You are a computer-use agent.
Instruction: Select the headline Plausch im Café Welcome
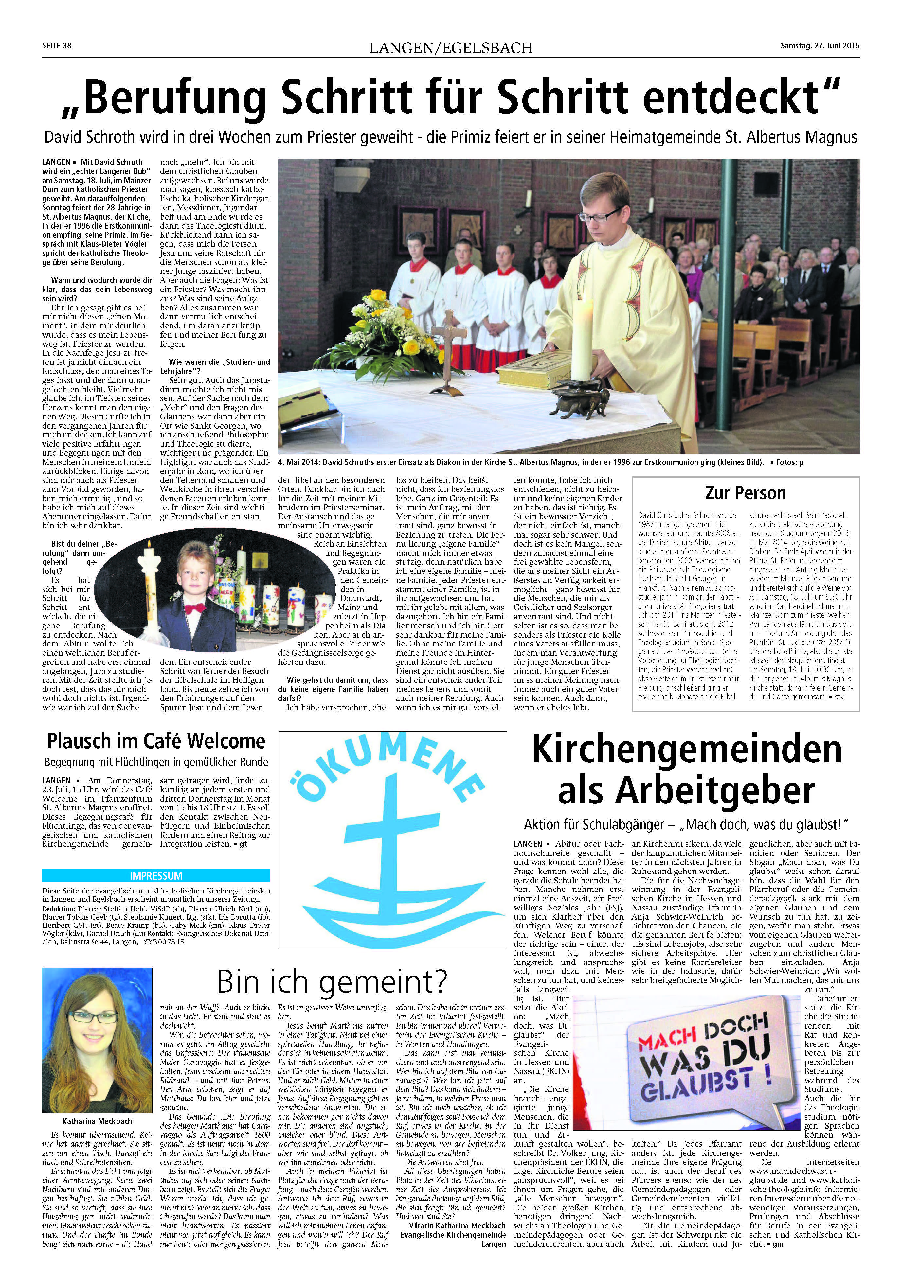point(156,742)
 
